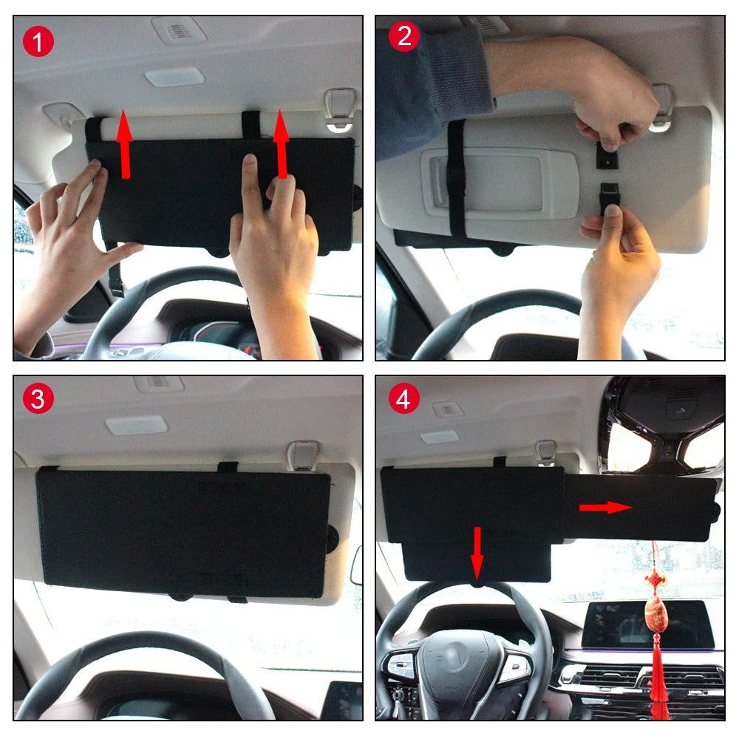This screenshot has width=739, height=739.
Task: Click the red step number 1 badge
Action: (x=38, y=41)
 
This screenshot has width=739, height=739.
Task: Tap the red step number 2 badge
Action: (x=404, y=35)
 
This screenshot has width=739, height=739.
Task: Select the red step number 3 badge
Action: (x=38, y=399)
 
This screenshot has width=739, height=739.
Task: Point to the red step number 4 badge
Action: (x=404, y=399)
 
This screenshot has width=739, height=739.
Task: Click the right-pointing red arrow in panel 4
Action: (x=606, y=508)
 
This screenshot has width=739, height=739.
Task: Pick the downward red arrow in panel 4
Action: (x=477, y=554)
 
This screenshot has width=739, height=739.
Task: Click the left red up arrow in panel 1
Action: (x=124, y=144)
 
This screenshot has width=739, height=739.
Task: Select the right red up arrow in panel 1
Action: (x=282, y=144)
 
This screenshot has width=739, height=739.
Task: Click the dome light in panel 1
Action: (x=175, y=77)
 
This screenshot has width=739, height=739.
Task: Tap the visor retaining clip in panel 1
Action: (x=340, y=109)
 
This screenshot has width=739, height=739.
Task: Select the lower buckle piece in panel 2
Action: (x=609, y=196)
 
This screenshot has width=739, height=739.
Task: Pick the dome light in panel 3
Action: (x=137, y=425)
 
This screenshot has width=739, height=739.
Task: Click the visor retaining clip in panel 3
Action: (x=302, y=456)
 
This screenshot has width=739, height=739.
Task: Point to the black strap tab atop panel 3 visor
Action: (x=228, y=468)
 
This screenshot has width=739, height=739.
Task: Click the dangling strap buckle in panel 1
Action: (x=116, y=285)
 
